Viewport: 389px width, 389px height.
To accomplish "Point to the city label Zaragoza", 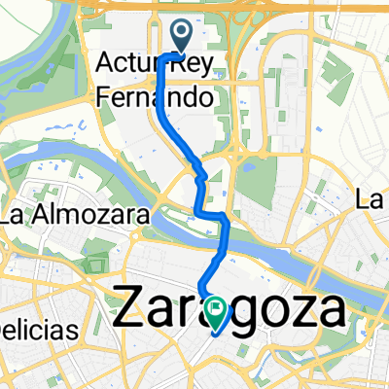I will [x=230, y=313].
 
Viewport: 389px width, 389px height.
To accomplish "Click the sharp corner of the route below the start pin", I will [x=160, y=58].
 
